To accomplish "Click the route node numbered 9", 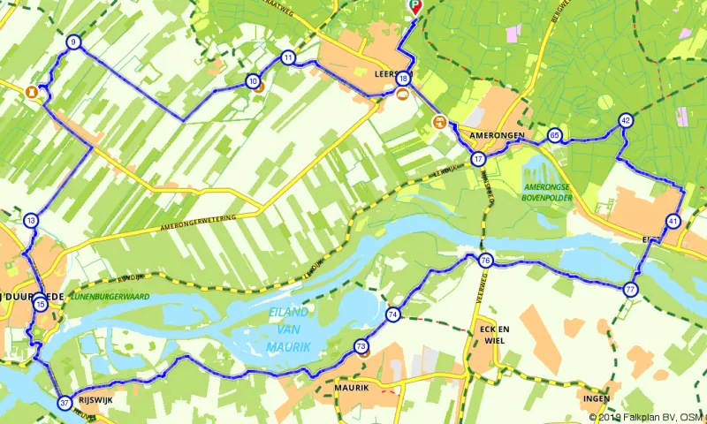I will click(72, 42).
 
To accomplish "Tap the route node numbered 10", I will click(253, 81).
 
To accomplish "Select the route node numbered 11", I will click(288, 57).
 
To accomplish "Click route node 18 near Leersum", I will click(403, 79).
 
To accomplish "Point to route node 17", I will click(478, 159).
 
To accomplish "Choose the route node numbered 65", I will click(554, 135).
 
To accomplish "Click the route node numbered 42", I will click(626, 121).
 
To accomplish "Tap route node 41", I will click(673, 221).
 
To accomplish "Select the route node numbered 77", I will click(630, 289).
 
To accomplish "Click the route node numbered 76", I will click(485, 261).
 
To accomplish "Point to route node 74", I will click(392, 314).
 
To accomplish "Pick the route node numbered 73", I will click(361, 347).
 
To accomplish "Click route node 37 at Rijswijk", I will click(64, 403).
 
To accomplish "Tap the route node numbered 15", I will click(41, 304).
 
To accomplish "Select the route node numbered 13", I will click(31, 221).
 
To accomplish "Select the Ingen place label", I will click(597, 397).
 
